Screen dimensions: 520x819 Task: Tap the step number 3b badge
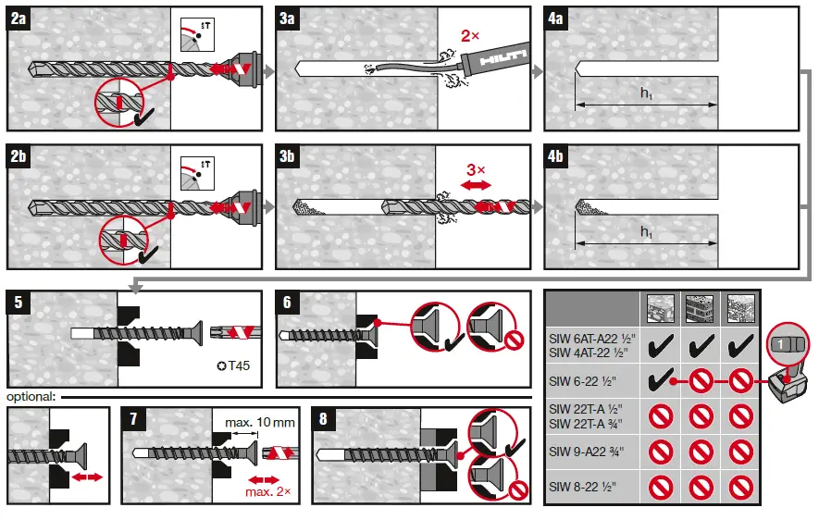[288, 156]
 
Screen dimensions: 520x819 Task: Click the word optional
[31, 397]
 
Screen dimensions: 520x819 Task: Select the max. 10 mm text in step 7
[259, 422]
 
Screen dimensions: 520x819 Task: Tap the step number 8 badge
[323, 418]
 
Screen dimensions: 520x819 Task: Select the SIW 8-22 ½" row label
[582, 486]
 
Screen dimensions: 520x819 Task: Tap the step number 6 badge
[288, 303]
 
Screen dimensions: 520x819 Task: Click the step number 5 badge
[19, 303]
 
